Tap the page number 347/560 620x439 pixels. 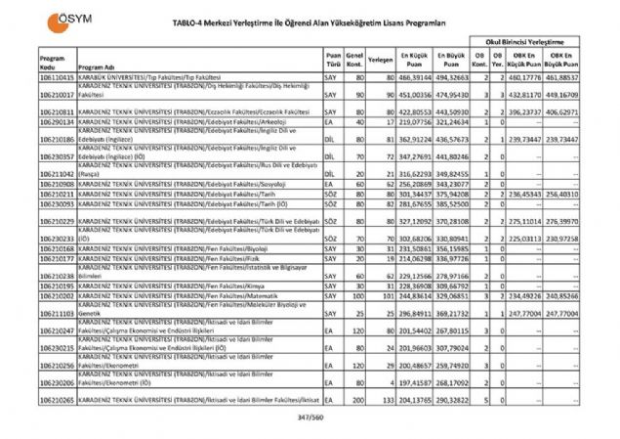310,417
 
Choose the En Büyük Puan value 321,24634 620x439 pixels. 457,122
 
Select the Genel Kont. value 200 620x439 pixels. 357,400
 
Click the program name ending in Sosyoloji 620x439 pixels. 182,183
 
